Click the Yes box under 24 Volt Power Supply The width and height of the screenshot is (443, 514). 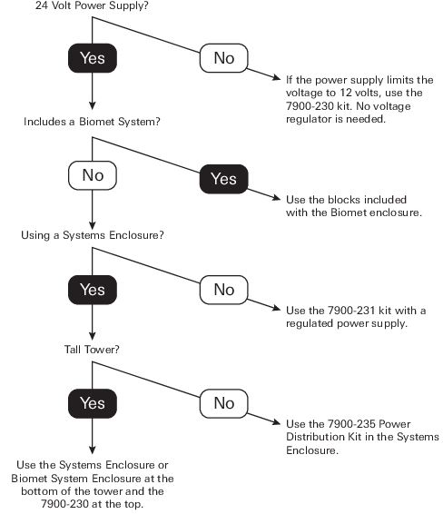(x=93, y=58)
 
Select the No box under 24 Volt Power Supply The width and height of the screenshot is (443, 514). (x=224, y=58)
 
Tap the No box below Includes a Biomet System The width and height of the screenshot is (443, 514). (x=93, y=175)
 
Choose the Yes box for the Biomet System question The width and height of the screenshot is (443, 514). (x=224, y=179)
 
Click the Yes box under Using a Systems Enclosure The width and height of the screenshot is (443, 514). (x=93, y=290)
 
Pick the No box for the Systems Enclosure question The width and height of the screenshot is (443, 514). (x=224, y=290)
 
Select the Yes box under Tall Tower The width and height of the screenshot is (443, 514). (x=93, y=403)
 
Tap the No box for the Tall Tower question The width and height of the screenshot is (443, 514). (x=224, y=403)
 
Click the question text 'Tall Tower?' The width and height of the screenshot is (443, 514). (x=92, y=350)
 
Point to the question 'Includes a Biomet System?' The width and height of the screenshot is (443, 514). (x=92, y=122)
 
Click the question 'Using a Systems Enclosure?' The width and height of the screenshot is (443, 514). (x=93, y=235)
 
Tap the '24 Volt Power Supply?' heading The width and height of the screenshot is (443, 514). (x=92, y=5)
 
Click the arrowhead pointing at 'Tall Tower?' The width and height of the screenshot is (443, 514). (x=93, y=336)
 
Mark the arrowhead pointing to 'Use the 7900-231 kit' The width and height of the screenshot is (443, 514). (x=277, y=308)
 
